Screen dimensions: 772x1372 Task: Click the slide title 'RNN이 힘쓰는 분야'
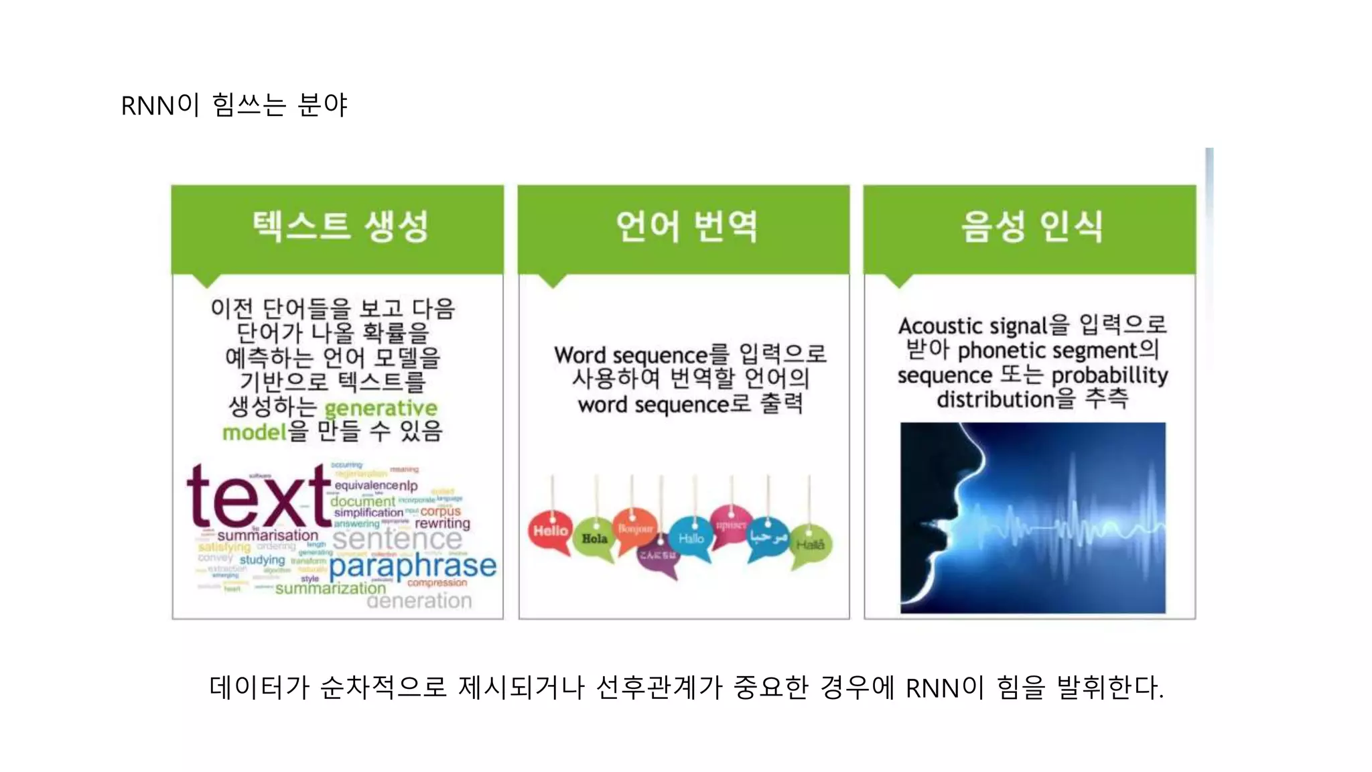(x=234, y=105)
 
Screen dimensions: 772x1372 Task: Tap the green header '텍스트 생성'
(x=340, y=226)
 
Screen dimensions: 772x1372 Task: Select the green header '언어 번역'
(x=686, y=226)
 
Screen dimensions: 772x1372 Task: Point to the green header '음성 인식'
(x=1032, y=226)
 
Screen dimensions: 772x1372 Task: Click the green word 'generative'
(x=381, y=408)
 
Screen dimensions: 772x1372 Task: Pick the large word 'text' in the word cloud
(x=258, y=497)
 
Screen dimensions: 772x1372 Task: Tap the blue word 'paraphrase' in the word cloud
(x=413, y=566)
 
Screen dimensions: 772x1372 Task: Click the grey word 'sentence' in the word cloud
(x=397, y=539)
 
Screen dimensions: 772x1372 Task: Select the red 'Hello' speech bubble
(x=551, y=531)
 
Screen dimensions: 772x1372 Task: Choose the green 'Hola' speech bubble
(x=594, y=538)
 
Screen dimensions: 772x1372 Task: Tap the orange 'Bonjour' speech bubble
(x=635, y=529)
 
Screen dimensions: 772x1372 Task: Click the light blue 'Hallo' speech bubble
(x=691, y=538)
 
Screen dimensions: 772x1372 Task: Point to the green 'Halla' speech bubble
(x=810, y=545)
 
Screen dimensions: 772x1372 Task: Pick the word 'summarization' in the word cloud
(x=330, y=588)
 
